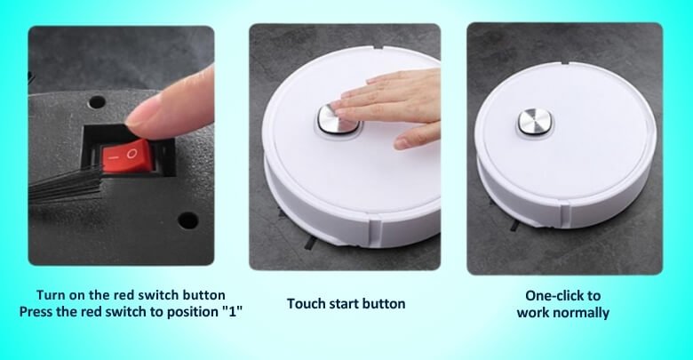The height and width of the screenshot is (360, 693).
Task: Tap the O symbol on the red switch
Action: coord(132,154)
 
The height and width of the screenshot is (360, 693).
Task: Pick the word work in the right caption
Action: coord(534,312)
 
